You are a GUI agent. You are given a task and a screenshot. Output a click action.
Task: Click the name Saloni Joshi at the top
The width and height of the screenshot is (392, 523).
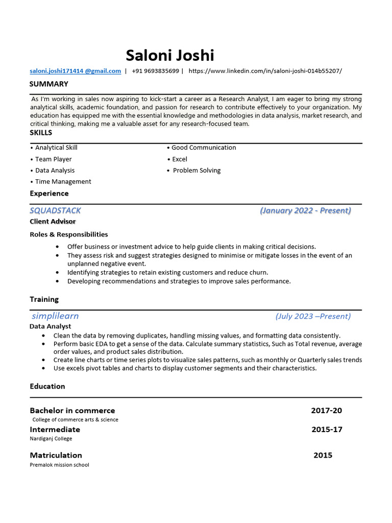pyautogui.click(x=170, y=55)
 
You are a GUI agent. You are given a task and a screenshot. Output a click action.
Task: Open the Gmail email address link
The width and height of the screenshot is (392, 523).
pyautogui.click(x=75, y=71)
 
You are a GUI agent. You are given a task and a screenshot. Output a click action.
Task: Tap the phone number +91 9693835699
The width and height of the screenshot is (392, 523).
pyautogui.click(x=155, y=71)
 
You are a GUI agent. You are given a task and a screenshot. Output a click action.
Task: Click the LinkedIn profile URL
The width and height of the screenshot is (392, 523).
pyautogui.click(x=265, y=71)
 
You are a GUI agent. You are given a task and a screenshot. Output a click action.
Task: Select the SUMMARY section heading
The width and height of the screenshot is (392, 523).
pyautogui.click(x=48, y=84)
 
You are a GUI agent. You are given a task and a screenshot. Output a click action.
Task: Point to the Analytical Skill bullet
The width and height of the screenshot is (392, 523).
pyautogui.click(x=56, y=148)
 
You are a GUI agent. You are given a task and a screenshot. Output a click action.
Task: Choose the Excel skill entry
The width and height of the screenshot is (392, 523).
pyautogui.click(x=179, y=159)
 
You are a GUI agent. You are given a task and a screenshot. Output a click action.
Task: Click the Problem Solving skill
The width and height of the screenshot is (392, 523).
pyautogui.click(x=197, y=171)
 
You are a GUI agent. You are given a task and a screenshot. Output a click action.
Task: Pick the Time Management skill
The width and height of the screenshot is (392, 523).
pyautogui.click(x=63, y=182)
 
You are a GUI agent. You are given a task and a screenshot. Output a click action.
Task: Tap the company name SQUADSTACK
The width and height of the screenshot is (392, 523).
pyautogui.click(x=55, y=210)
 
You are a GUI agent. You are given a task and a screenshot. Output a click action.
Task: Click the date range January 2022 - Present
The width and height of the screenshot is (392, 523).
pyautogui.click(x=305, y=210)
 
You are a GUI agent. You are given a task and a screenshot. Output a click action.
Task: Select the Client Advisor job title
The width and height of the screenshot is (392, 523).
pyautogui.click(x=53, y=222)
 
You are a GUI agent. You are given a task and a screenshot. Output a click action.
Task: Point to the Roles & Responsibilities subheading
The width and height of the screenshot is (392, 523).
pyautogui.click(x=69, y=234)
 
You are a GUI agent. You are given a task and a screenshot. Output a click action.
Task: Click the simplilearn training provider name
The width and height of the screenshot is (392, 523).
pyautogui.click(x=55, y=316)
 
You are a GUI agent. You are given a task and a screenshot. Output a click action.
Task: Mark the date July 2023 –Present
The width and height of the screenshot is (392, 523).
pyautogui.click(x=313, y=316)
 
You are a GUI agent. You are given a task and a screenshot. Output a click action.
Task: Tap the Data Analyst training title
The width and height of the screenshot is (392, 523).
pyautogui.click(x=51, y=326)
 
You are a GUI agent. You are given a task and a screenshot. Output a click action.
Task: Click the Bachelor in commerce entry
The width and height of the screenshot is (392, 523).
pyautogui.click(x=72, y=411)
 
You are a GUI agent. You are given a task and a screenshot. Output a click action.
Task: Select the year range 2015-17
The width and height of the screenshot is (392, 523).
pyautogui.click(x=327, y=430)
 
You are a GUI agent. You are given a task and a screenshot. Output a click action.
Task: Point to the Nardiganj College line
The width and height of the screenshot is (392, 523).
pyautogui.click(x=51, y=439)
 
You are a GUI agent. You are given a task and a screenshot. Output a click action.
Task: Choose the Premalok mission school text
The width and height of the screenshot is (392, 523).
pyautogui.click(x=59, y=465)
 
